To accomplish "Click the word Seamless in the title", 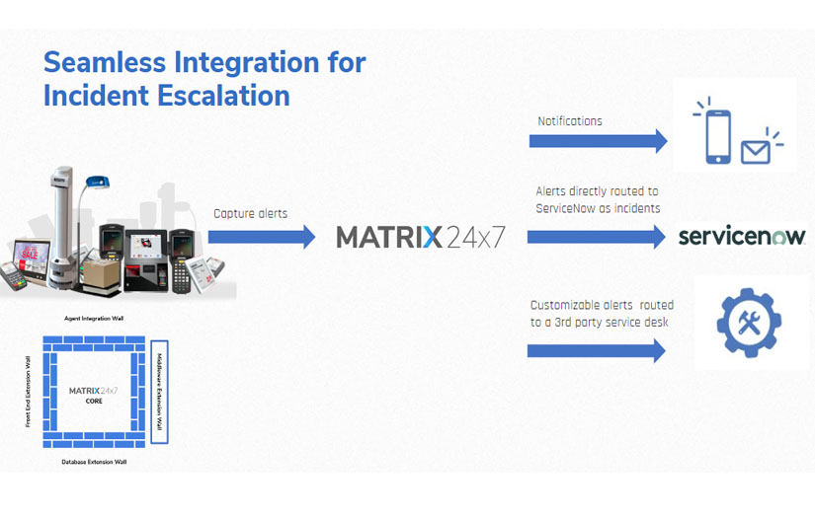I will coord(105,63).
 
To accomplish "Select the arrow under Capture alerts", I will coord(261,237).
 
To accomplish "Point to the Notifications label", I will coord(569,121).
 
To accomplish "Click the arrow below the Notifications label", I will coord(598,141).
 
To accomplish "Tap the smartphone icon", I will coord(718,131).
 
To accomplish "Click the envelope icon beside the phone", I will coord(756,151).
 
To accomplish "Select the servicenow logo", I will coord(742,237).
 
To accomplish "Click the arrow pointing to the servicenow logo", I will coord(597,237).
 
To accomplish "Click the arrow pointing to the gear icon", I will coord(597,350).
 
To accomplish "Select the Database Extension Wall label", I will coord(94,461).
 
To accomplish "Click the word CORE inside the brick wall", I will coord(94,402).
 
